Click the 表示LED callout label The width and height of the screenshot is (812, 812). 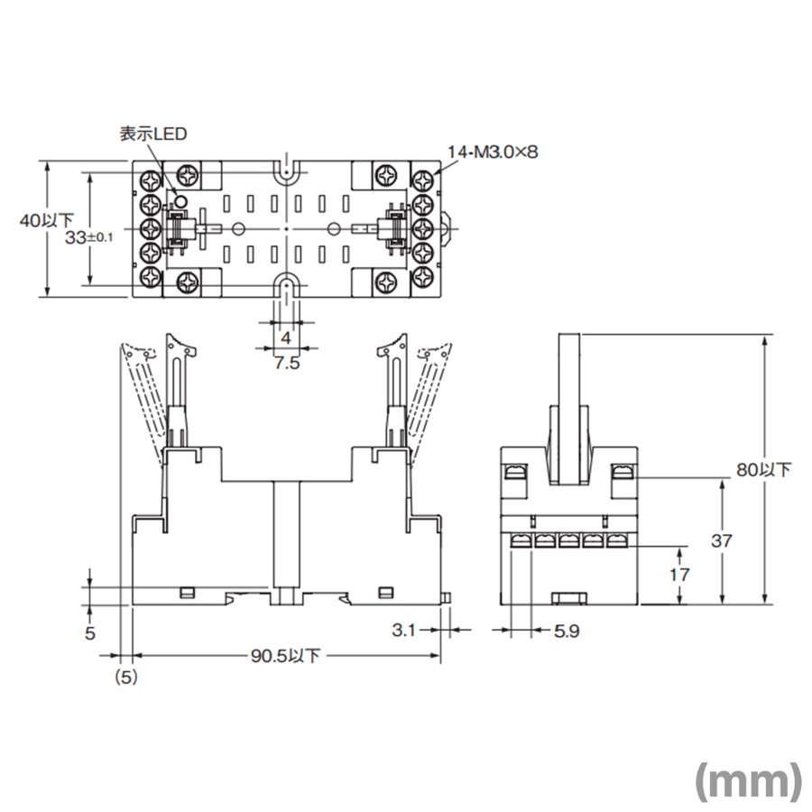[x=152, y=134]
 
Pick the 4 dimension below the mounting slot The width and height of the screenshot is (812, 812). [x=286, y=337]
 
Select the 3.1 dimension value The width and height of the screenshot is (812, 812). [x=407, y=631]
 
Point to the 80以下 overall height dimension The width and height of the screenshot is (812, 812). [x=764, y=469]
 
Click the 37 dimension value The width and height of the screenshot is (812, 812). [x=722, y=540]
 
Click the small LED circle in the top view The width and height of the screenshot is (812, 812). [x=180, y=200]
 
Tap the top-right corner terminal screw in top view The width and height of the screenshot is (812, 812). [x=423, y=173]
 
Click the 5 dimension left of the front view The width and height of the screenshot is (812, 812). [x=89, y=632]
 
